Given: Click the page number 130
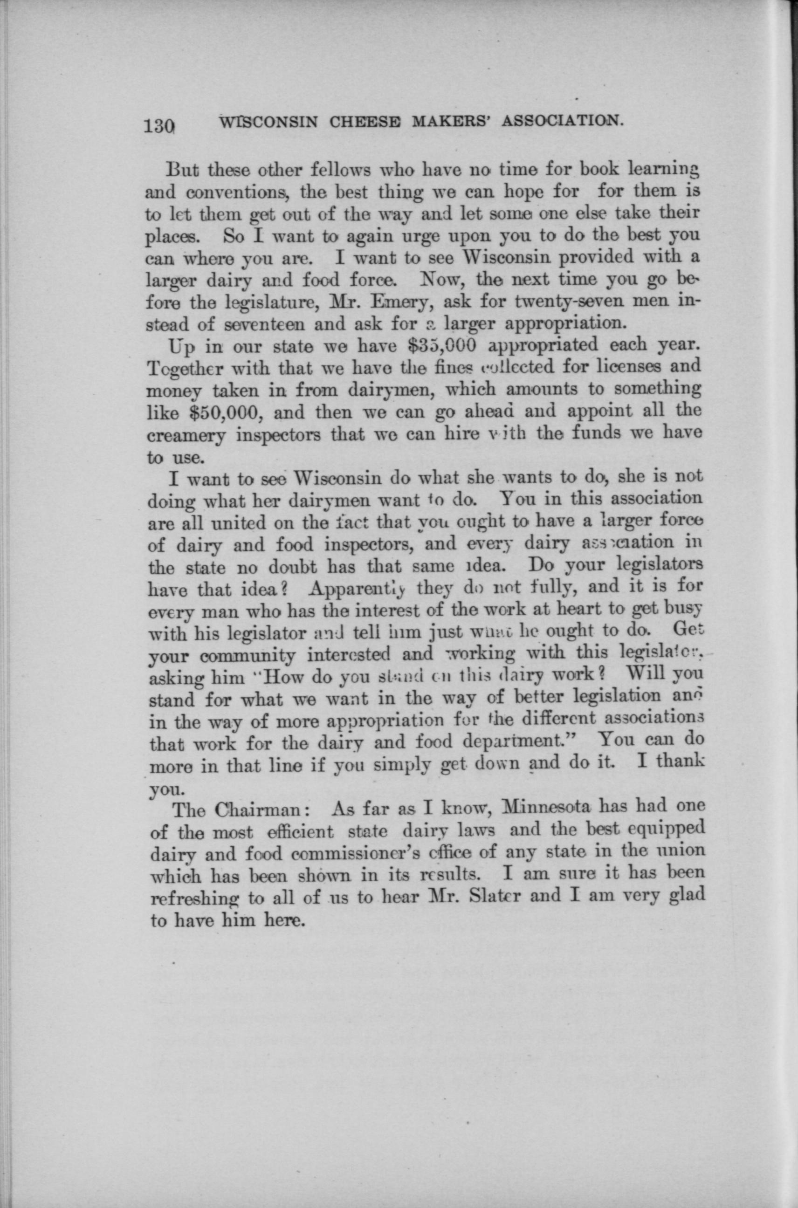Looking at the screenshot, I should [x=159, y=125].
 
